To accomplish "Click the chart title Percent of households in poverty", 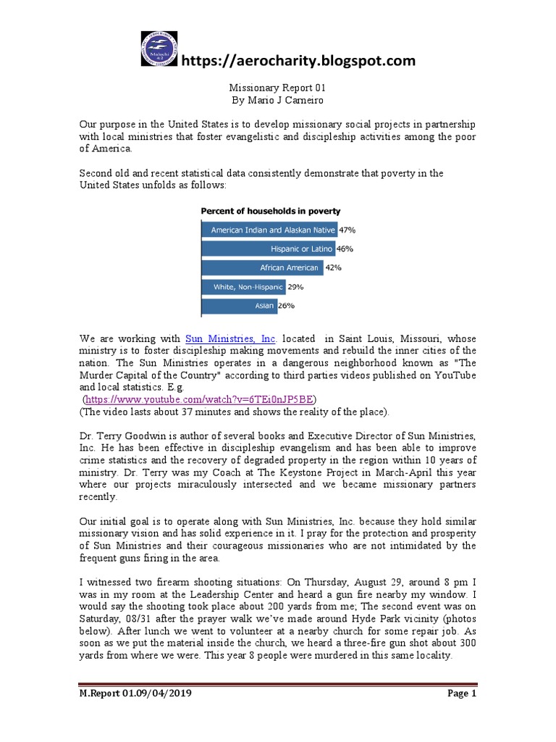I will click(270, 211).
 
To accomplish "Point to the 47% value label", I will click(347, 230).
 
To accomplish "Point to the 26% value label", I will click(287, 306).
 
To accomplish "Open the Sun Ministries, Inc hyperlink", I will click(231, 339).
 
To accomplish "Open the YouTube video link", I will click(201, 400).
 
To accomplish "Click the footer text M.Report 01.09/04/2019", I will click(135, 693).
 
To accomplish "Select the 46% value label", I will click(345, 249).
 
